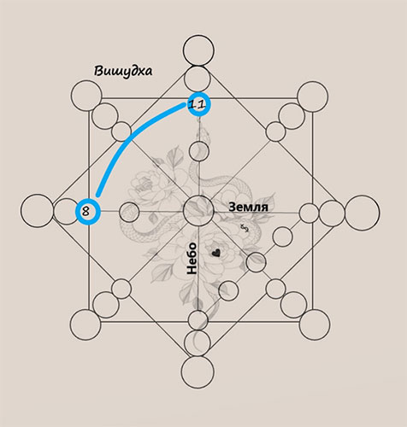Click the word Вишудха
click(123, 71)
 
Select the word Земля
click(248, 207)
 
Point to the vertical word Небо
click(192, 259)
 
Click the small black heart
click(216, 253)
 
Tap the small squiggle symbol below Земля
click(245, 228)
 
